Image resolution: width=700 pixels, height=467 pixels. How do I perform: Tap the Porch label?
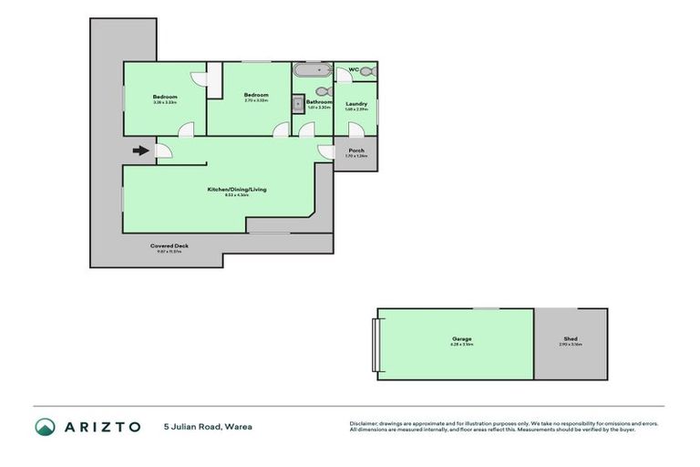(356, 150)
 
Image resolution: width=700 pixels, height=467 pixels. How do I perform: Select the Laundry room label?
(356, 104)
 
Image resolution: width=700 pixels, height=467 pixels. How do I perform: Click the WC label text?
(354, 70)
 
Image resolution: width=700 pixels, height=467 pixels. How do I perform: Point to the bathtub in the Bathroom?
(313, 69)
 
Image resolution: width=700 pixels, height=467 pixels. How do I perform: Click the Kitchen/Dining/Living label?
(236, 190)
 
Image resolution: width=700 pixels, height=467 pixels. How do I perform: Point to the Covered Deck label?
(169, 246)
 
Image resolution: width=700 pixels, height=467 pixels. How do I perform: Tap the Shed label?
(571, 339)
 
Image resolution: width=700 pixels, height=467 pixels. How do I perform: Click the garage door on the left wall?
(376, 344)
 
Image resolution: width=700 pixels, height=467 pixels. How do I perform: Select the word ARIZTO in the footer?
(101, 427)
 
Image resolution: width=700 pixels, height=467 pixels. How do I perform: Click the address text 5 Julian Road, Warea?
(208, 426)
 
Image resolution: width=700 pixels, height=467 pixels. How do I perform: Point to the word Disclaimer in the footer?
(365, 423)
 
